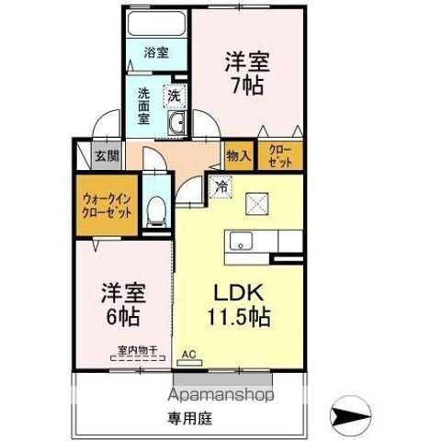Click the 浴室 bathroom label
pyautogui.click(x=156, y=52)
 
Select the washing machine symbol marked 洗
pyautogui.click(x=174, y=94)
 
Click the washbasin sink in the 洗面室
pyautogui.click(x=177, y=126)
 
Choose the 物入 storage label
pyautogui.click(x=239, y=155)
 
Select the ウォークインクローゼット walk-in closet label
pyautogui.click(x=107, y=204)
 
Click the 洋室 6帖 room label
pyautogui.click(x=121, y=306)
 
